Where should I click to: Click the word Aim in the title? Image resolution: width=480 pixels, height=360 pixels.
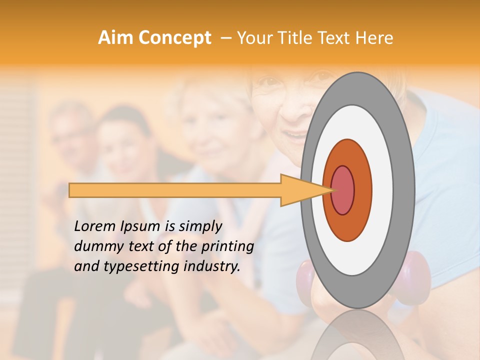point(116,38)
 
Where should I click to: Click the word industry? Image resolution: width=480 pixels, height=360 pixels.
point(215,266)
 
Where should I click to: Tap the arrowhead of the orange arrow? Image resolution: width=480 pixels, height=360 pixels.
point(305,190)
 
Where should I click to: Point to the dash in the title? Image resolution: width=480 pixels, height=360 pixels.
point(225,38)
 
